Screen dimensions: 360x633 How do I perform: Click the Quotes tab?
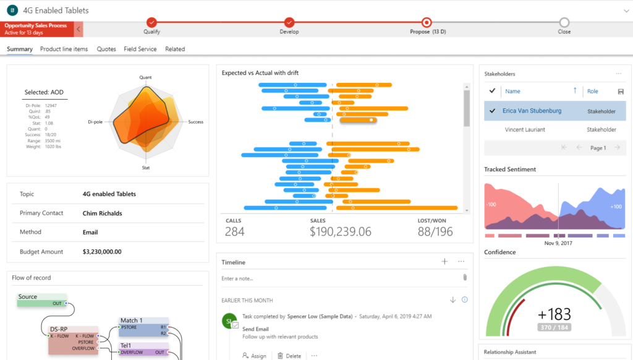click(x=106, y=49)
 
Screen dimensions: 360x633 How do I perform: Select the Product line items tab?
click(x=64, y=49)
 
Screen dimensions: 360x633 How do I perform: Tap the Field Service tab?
click(x=140, y=49)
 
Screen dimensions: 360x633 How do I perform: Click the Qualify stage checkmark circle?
click(x=152, y=22)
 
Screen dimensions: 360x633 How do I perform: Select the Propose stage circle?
click(x=426, y=22)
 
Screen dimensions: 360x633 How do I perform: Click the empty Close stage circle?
click(x=564, y=22)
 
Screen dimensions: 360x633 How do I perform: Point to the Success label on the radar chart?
click(x=196, y=122)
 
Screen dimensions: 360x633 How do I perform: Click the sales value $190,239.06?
click(x=341, y=231)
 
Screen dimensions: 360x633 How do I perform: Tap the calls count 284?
click(x=235, y=231)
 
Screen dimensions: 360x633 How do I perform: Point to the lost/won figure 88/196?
click(x=435, y=231)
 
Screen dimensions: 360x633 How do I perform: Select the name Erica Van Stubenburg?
click(x=532, y=111)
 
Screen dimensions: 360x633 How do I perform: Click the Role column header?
click(x=592, y=91)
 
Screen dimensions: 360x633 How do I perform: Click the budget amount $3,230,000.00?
click(x=102, y=252)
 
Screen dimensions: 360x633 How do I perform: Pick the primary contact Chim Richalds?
click(x=102, y=213)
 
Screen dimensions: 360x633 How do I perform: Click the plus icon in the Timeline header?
click(x=444, y=262)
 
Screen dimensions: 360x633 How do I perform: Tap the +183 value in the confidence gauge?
click(x=554, y=314)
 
